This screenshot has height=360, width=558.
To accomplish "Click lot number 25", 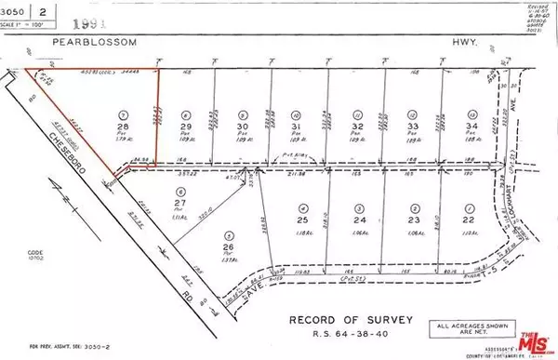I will [x=302, y=220].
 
